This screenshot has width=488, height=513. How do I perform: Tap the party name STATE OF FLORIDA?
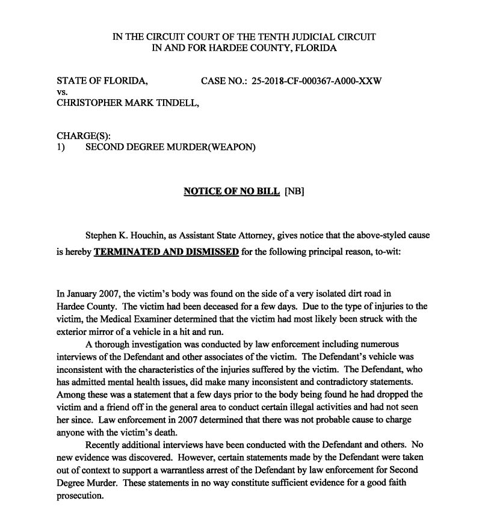(x=102, y=81)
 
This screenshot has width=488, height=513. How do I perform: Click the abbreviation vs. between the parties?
(x=61, y=92)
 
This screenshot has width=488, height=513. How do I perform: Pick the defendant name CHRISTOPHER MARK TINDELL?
(x=128, y=103)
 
